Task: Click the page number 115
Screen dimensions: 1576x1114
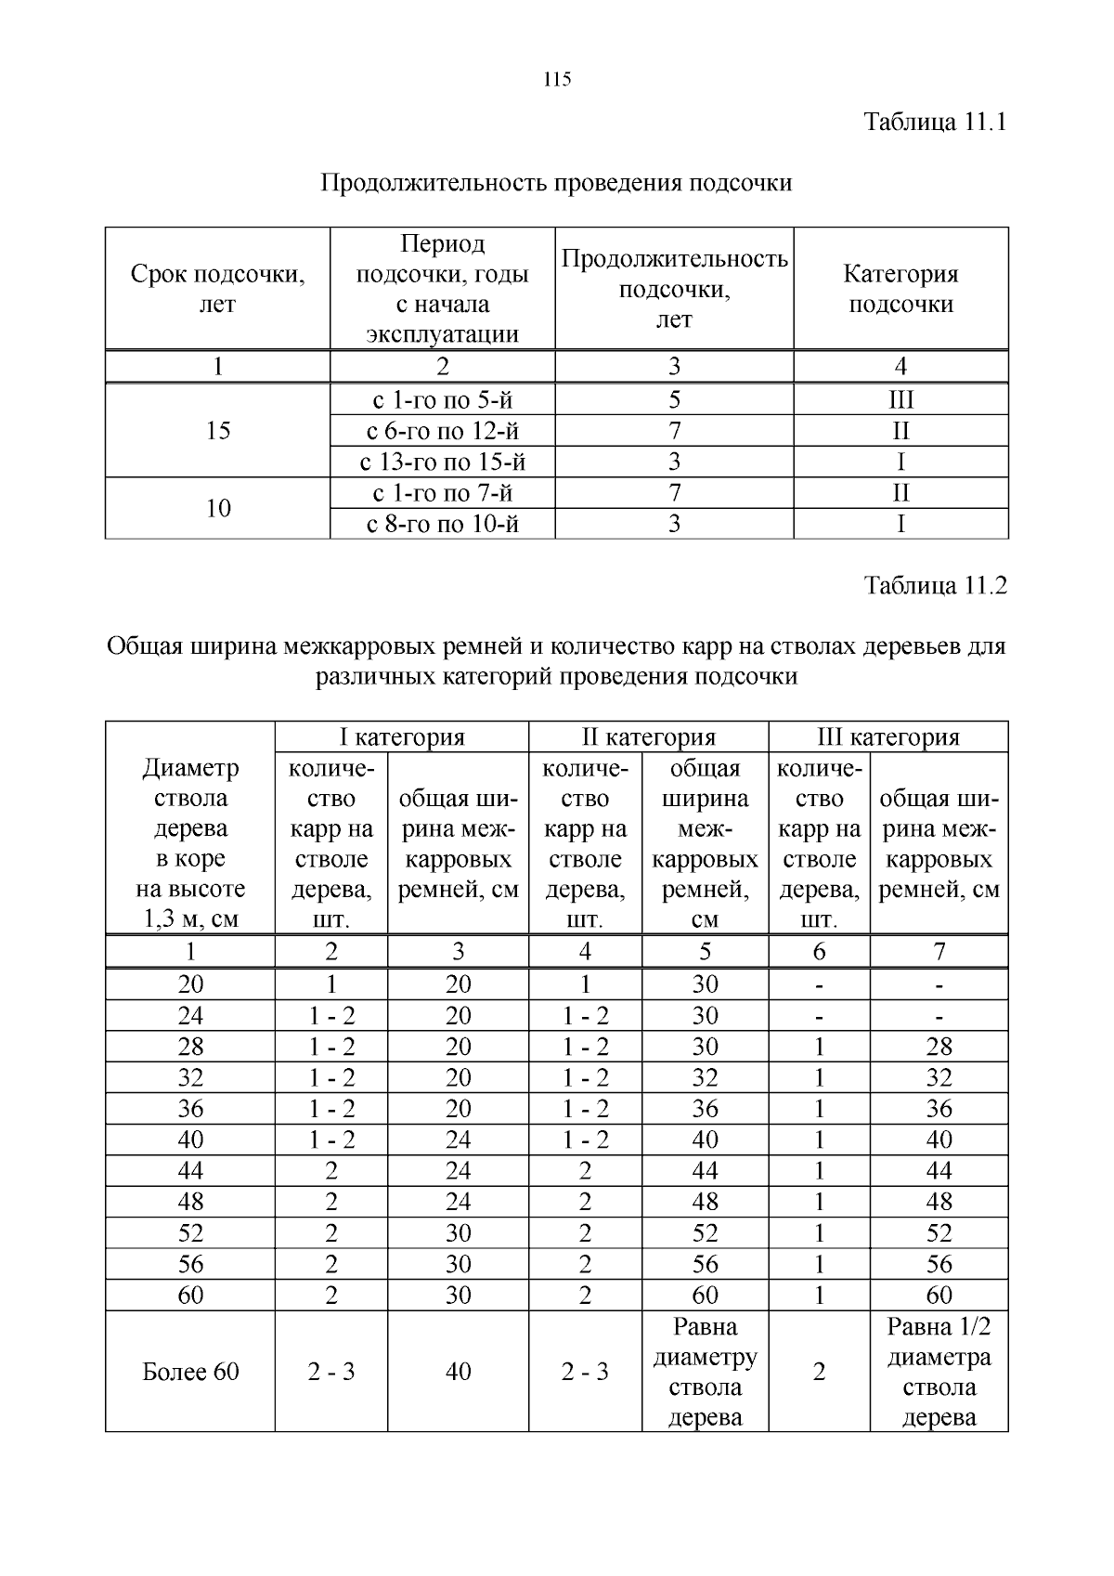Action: click(x=557, y=80)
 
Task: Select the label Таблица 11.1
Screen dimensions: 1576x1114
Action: click(x=935, y=122)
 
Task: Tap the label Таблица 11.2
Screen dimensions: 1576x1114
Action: click(x=935, y=585)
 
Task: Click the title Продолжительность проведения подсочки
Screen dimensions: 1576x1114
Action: click(x=556, y=182)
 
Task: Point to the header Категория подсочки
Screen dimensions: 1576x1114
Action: click(x=900, y=289)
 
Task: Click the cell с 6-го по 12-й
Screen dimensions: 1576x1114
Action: click(x=442, y=431)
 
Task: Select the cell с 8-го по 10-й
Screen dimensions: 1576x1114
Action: click(x=442, y=524)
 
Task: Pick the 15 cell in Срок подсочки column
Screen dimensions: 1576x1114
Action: click(x=217, y=431)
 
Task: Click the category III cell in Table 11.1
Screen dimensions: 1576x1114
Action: click(x=900, y=400)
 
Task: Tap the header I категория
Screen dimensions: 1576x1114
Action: click(x=401, y=737)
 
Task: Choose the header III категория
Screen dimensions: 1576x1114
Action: click(x=887, y=737)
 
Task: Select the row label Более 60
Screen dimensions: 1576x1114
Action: click(x=190, y=1372)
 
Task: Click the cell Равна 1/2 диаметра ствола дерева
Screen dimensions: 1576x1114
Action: click(x=939, y=1372)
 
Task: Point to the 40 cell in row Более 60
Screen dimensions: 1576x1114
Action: click(x=458, y=1372)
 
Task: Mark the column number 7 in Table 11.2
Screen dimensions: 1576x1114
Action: click(x=939, y=952)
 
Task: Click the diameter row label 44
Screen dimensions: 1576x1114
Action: click(x=190, y=1171)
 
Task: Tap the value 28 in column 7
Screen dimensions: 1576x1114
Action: click(x=939, y=1047)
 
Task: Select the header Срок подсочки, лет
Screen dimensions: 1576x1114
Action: click(x=217, y=289)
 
